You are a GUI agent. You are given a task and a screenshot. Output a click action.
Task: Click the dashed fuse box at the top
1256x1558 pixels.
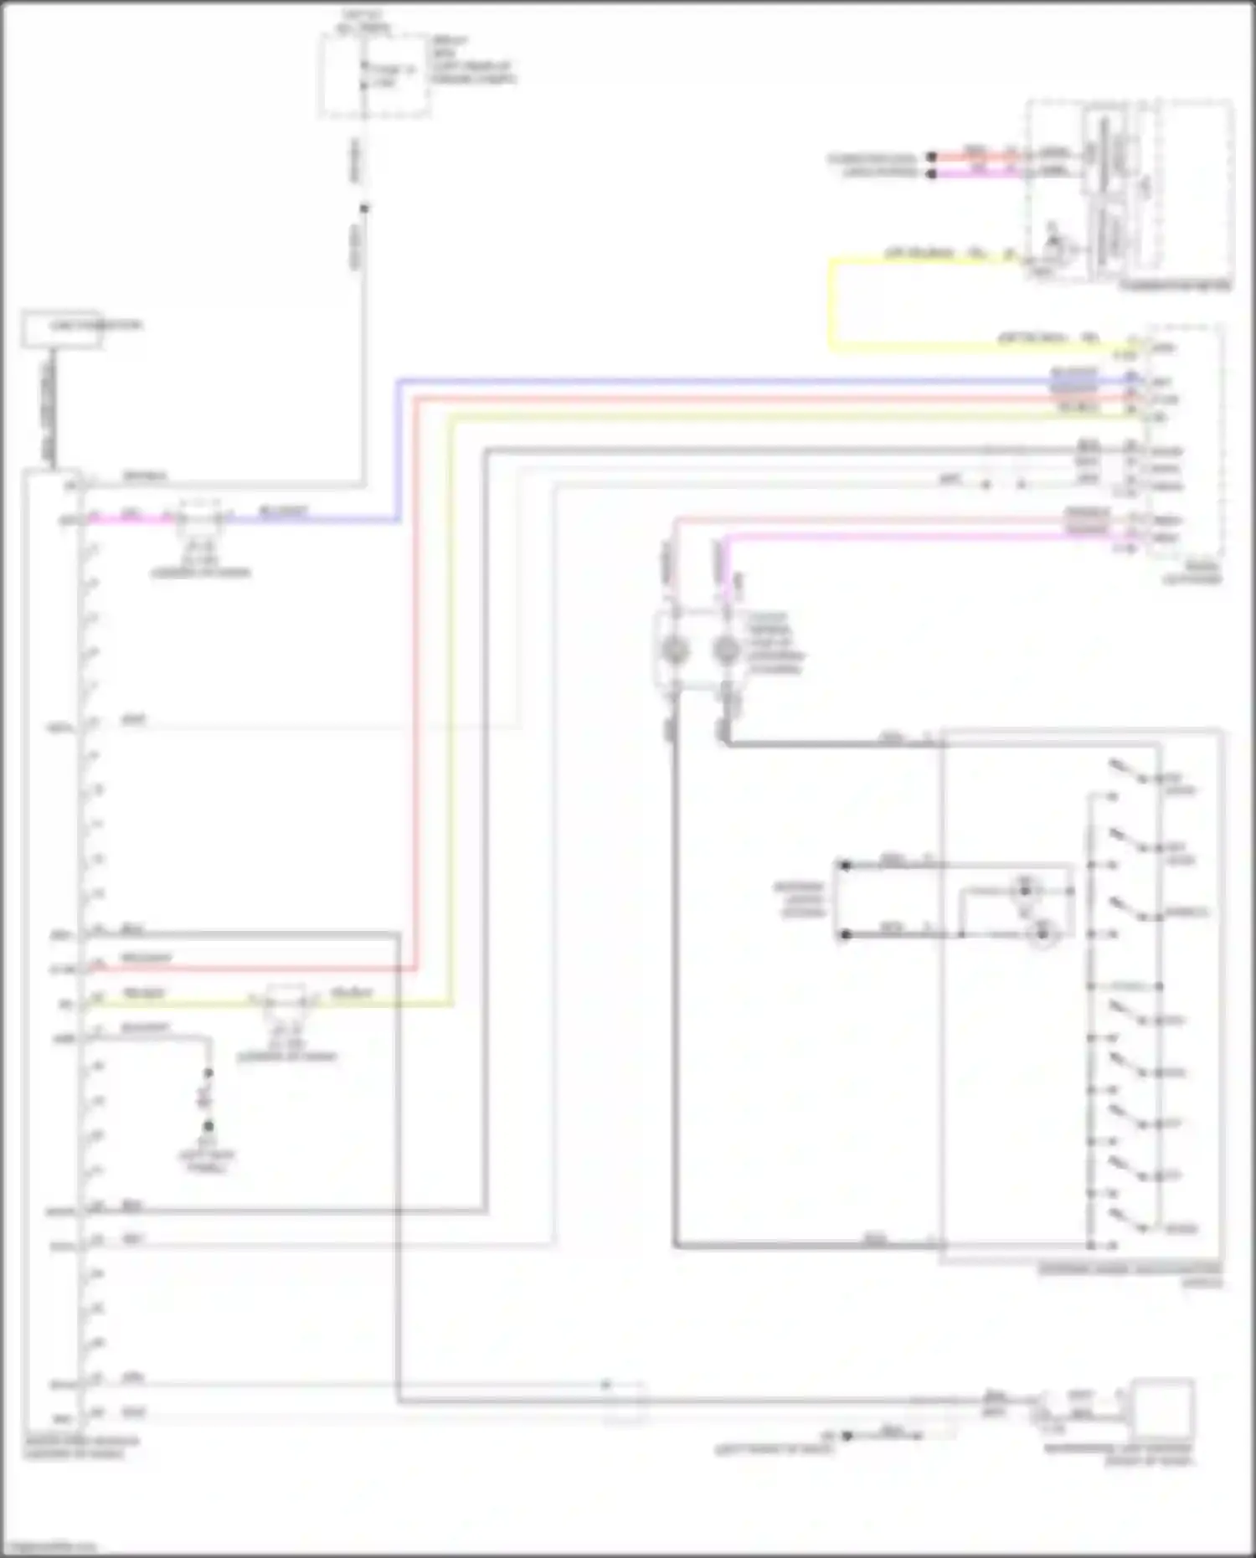[374, 75]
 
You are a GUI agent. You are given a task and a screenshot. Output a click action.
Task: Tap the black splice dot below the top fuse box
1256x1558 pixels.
[363, 208]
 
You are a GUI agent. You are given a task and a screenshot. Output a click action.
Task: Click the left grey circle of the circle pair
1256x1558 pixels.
[675, 650]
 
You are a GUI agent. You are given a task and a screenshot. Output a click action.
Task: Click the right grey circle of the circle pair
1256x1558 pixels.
[726, 650]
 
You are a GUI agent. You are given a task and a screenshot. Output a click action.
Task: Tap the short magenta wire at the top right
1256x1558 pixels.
[971, 173]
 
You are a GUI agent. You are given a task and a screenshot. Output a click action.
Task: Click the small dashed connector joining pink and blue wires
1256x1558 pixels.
[199, 520]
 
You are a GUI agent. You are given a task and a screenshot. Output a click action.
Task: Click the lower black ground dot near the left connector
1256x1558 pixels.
[208, 1127]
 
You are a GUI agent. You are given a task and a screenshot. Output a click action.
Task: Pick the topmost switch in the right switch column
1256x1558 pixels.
[1127, 773]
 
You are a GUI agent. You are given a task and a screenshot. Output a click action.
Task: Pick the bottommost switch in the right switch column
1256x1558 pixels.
[1127, 1222]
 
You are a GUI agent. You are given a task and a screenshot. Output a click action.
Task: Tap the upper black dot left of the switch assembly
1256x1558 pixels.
[845, 866]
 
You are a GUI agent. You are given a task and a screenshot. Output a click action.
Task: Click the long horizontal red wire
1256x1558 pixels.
[754, 399]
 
